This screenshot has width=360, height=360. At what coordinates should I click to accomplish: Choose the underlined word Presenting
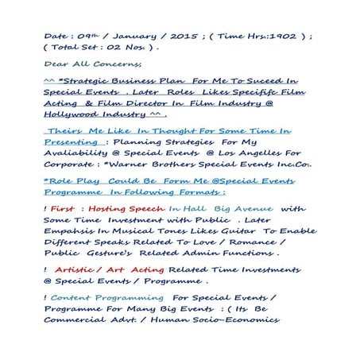pyautogui.click(x=72, y=142)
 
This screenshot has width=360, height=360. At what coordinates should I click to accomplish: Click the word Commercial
pyautogui.click(x=76, y=322)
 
